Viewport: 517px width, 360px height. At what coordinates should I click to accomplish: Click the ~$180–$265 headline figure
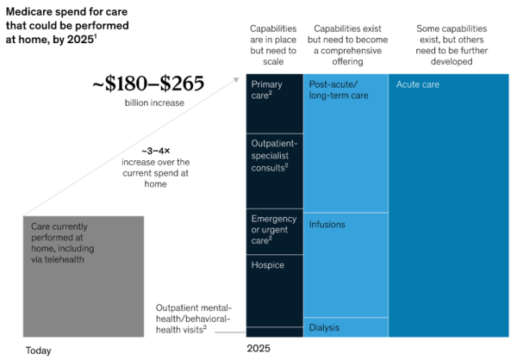148,84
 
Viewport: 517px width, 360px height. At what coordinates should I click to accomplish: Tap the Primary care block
275,103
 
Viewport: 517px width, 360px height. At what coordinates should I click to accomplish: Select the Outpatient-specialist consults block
275,171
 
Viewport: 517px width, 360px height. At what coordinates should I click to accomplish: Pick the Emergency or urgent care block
275,232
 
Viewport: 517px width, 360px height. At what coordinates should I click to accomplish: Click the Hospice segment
275,291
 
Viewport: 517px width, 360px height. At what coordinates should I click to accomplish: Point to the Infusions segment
346,265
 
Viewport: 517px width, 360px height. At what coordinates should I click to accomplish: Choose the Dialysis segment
346,327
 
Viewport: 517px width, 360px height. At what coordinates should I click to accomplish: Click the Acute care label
418,84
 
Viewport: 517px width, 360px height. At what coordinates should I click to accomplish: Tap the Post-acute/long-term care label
339,90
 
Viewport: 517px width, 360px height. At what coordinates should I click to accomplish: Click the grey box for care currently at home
84,276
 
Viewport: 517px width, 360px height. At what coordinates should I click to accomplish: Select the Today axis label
38,351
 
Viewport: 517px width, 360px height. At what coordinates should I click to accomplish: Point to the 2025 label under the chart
258,349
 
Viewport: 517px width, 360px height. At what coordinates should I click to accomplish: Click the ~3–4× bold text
156,151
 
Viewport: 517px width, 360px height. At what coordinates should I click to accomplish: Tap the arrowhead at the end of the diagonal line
236,79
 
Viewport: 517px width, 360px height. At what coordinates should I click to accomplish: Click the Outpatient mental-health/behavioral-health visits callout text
194,319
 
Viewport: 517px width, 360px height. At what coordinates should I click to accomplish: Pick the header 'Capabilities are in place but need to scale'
273,45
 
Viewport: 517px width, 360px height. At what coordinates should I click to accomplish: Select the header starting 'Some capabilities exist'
452,45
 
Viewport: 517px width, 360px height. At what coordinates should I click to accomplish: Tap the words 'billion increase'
154,102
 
